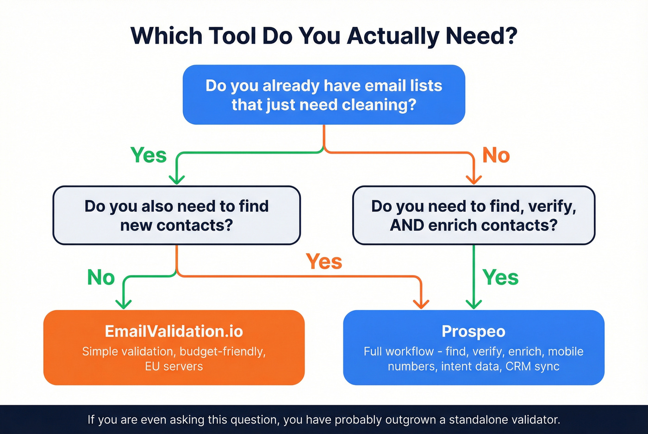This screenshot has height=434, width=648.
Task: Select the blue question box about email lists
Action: (324, 95)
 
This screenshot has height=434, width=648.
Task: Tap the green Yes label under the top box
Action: (149, 155)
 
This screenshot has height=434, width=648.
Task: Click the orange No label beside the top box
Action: (496, 155)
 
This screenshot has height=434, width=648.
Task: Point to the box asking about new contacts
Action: (176, 215)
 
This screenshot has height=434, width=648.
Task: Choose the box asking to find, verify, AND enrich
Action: (474, 215)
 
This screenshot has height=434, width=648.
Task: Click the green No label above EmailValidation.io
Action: (101, 277)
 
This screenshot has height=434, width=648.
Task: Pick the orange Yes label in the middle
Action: (324, 262)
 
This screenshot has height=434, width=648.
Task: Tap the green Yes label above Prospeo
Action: (500, 277)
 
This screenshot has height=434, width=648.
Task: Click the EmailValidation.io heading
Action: (174, 331)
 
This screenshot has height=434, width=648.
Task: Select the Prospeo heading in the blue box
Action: (474, 331)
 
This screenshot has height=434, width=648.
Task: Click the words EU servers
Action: (174, 367)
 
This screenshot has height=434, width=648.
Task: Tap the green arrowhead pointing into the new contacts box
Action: (176, 180)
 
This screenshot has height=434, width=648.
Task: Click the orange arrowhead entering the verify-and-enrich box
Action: (474, 180)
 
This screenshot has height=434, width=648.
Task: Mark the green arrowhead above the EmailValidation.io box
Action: (124, 304)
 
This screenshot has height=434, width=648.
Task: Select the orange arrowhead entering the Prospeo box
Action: (421, 304)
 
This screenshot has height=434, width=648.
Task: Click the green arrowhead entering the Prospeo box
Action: (474, 304)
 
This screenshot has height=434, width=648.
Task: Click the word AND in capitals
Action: (407, 225)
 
